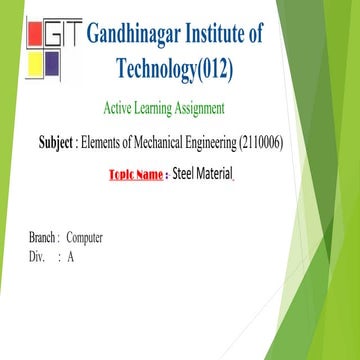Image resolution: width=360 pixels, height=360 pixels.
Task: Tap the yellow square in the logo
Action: click(x=32, y=68)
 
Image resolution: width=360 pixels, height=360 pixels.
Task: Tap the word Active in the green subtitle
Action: click(x=122, y=108)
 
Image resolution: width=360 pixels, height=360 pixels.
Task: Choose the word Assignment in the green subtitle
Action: click(x=220, y=108)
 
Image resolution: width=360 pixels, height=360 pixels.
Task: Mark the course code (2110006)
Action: click(x=257, y=143)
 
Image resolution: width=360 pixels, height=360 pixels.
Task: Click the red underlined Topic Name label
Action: click(x=135, y=175)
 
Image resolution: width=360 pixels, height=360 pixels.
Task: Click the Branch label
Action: click(x=44, y=239)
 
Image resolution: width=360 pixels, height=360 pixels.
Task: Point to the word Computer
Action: click(x=85, y=239)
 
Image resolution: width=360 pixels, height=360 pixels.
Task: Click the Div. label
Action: click(x=39, y=257)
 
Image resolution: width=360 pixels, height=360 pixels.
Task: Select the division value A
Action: click(x=71, y=257)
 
